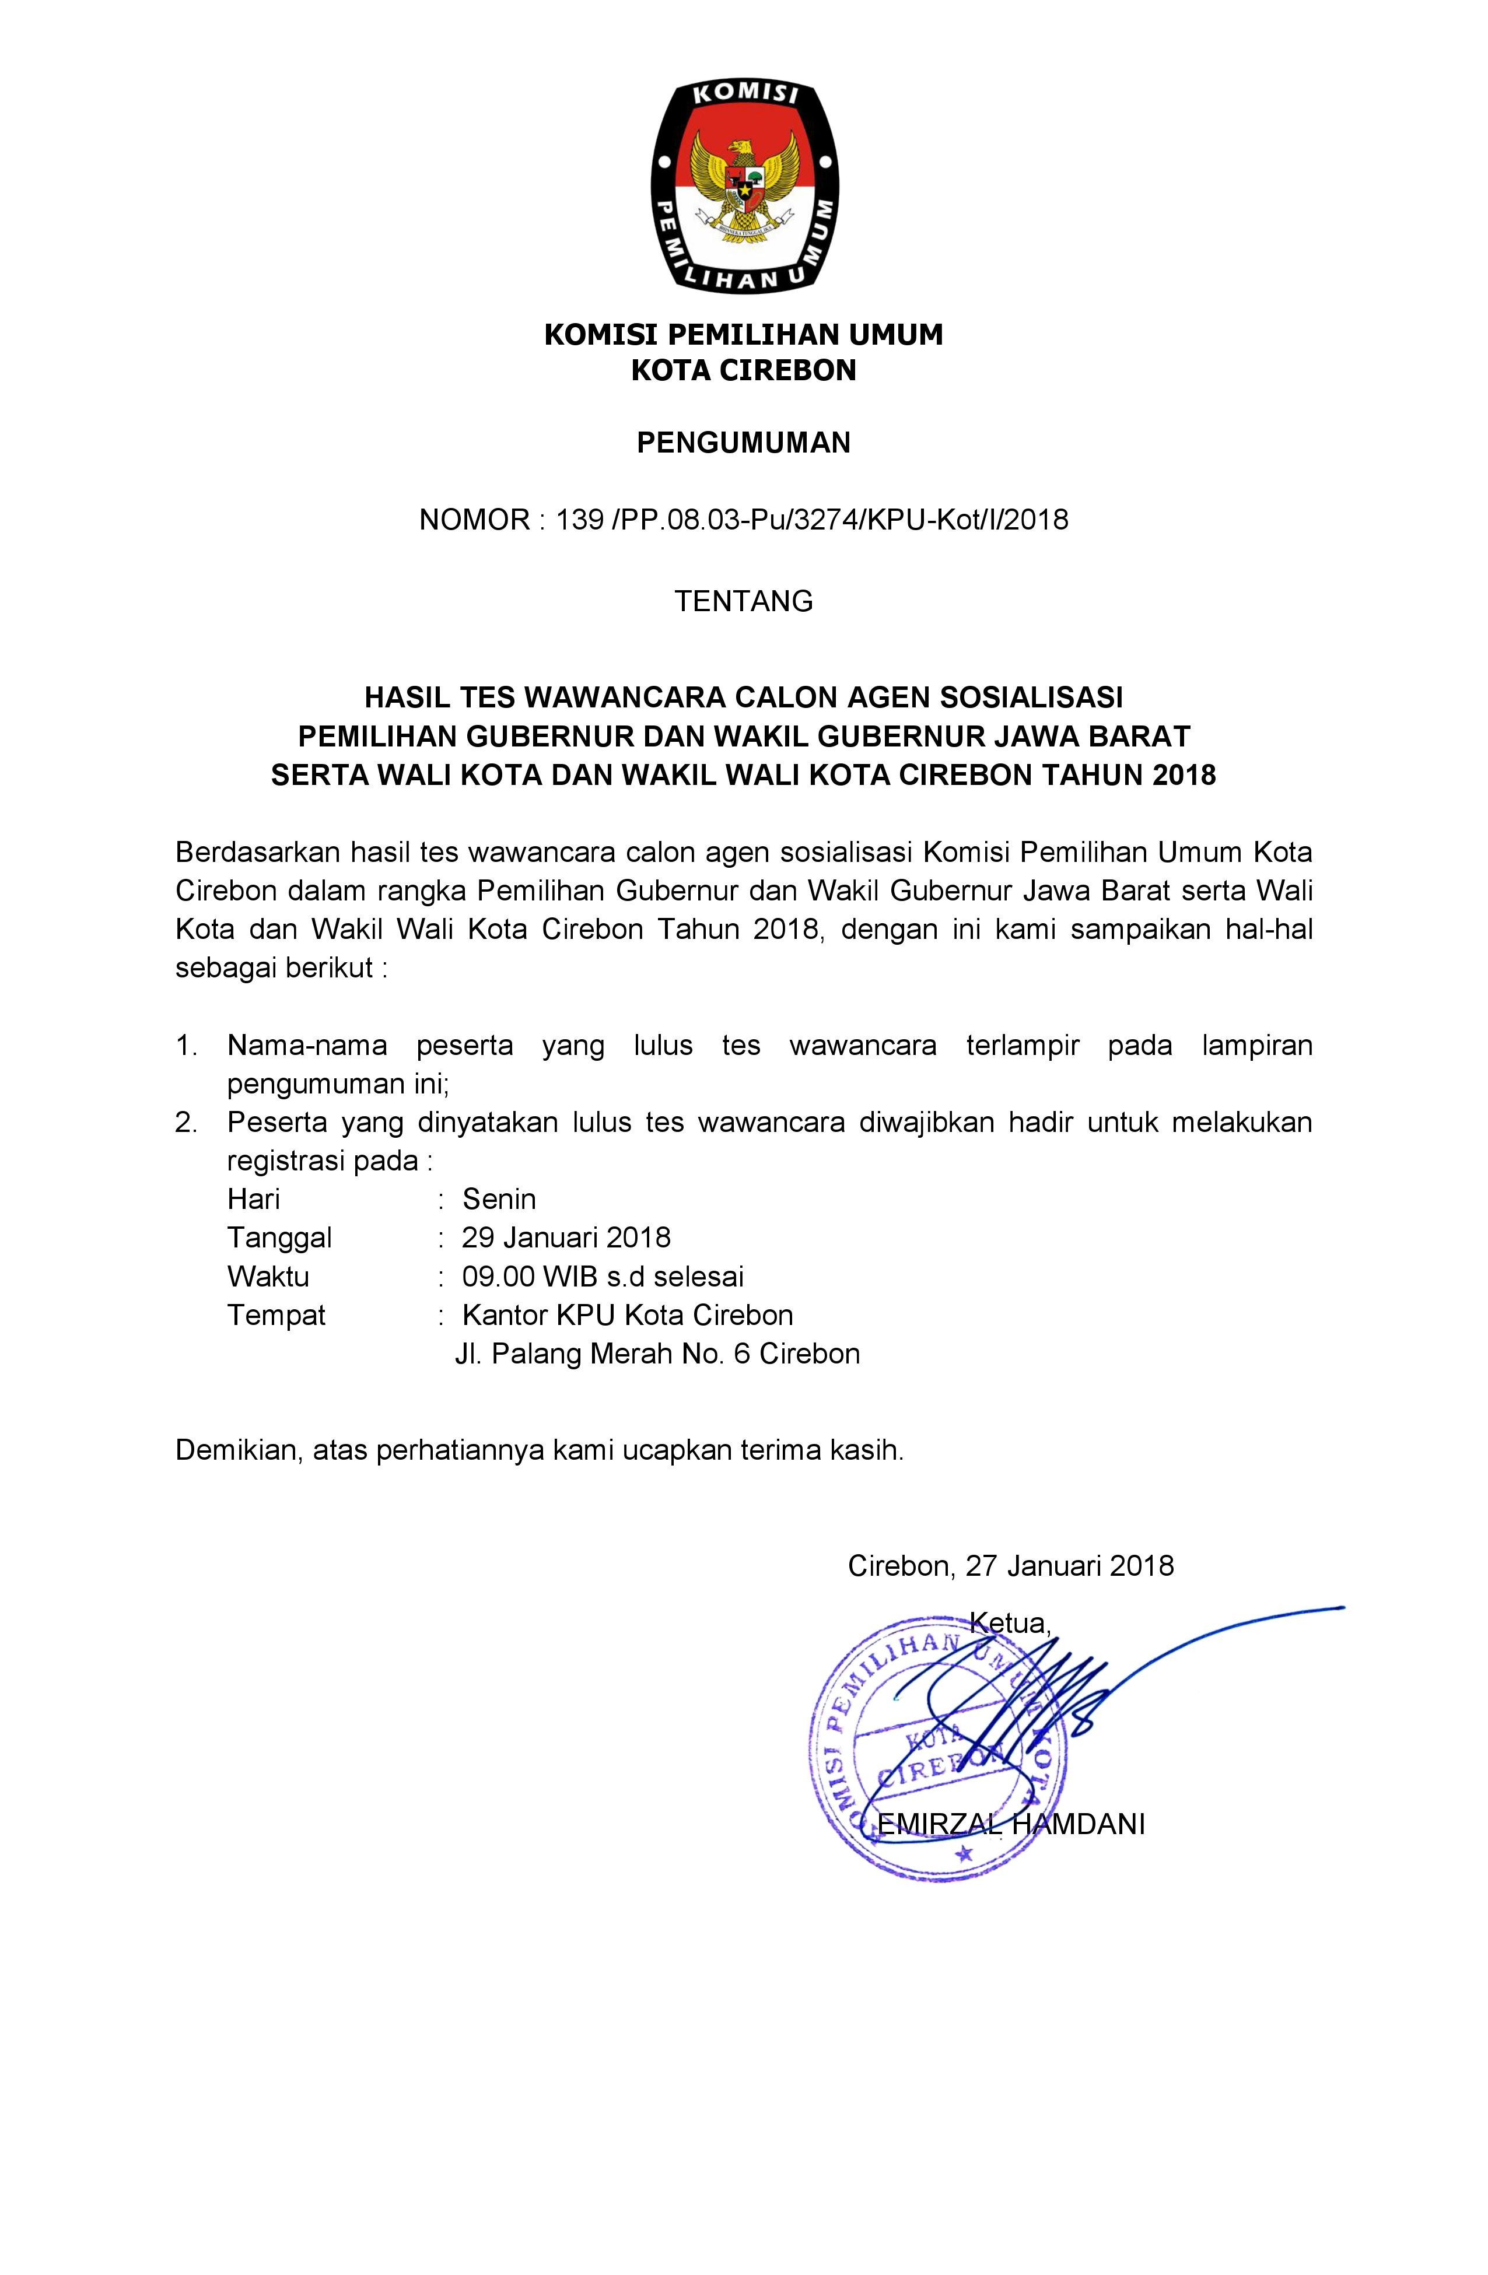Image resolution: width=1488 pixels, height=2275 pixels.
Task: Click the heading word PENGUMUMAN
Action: point(743,443)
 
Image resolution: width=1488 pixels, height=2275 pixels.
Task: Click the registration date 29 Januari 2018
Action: point(566,1238)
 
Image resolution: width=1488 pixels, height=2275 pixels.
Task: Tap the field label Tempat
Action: point(276,1315)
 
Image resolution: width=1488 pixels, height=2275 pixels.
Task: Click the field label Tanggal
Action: point(279,1238)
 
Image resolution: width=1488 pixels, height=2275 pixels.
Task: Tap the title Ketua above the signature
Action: point(1010,1621)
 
